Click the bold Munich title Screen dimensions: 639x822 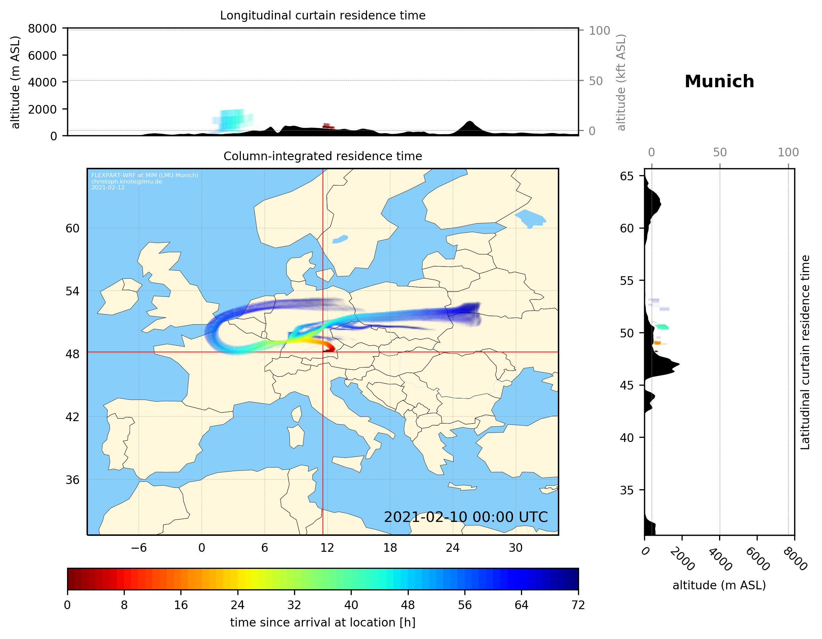coord(719,82)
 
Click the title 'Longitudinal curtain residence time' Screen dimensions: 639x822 coord(323,15)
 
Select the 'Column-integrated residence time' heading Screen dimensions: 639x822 coord(323,156)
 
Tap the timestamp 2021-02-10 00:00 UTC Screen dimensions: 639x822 coord(466,517)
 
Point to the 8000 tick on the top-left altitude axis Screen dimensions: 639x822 coord(42,28)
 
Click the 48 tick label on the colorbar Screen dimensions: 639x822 coord(408,605)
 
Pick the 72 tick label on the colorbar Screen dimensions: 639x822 coord(578,605)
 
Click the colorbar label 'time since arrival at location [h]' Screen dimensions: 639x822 coord(323,622)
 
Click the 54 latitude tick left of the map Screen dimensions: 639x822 coord(72,291)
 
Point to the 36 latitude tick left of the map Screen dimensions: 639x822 coord(72,480)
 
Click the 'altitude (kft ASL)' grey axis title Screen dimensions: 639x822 coord(621,82)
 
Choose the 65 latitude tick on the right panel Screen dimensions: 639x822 coord(627,176)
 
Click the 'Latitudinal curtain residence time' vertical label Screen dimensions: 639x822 coord(805,352)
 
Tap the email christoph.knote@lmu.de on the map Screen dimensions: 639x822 coord(127,181)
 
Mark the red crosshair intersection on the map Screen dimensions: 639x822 coord(323,352)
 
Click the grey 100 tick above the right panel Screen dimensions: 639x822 coord(788,153)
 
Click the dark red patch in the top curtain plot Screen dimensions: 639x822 coord(328,126)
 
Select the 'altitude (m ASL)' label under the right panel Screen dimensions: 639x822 coord(719,585)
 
